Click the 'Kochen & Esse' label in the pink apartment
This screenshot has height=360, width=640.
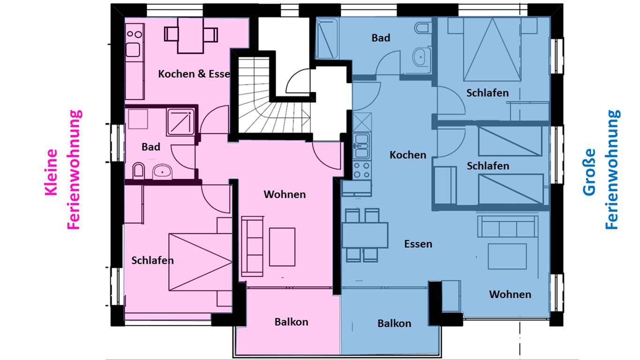(x=194, y=74)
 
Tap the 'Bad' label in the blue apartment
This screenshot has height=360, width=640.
(x=381, y=37)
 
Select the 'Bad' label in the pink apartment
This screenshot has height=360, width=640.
(x=151, y=147)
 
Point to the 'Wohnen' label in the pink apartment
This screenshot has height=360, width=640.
(x=285, y=194)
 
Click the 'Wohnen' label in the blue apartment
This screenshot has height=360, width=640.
(x=510, y=294)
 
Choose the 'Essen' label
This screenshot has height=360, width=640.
(x=418, y=244)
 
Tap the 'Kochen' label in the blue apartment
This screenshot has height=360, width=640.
(x=408, y=155)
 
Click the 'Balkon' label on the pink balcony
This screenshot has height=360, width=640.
(x=291, y=322)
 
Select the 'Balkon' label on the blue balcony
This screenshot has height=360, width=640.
(x=394, y=323)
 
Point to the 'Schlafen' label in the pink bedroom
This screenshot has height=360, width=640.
(x=152, y=260)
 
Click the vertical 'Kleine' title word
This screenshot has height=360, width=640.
(x=52, y=172)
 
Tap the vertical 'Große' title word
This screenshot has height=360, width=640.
(x=589, y=172)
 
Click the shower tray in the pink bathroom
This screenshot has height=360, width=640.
(x=181, y=122)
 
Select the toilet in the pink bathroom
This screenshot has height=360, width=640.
(x=139, y=171)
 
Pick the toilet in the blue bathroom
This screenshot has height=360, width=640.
(x=422, y=28)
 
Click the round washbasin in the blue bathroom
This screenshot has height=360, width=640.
(x=421, y=57)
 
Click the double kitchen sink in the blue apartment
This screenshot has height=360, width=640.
(x=361, y=146)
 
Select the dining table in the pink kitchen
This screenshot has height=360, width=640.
(x=190, y=35)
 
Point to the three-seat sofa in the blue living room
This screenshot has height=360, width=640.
(x=507, y=226)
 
